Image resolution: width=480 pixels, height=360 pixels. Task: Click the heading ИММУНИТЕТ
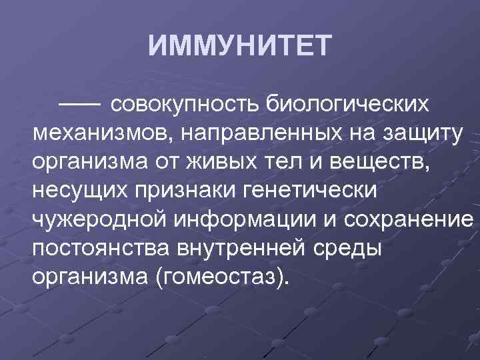(x=239, y=47)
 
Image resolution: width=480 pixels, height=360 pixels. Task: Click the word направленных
(x=259, y=133)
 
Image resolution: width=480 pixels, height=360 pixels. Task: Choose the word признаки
(x=190, y=190)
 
